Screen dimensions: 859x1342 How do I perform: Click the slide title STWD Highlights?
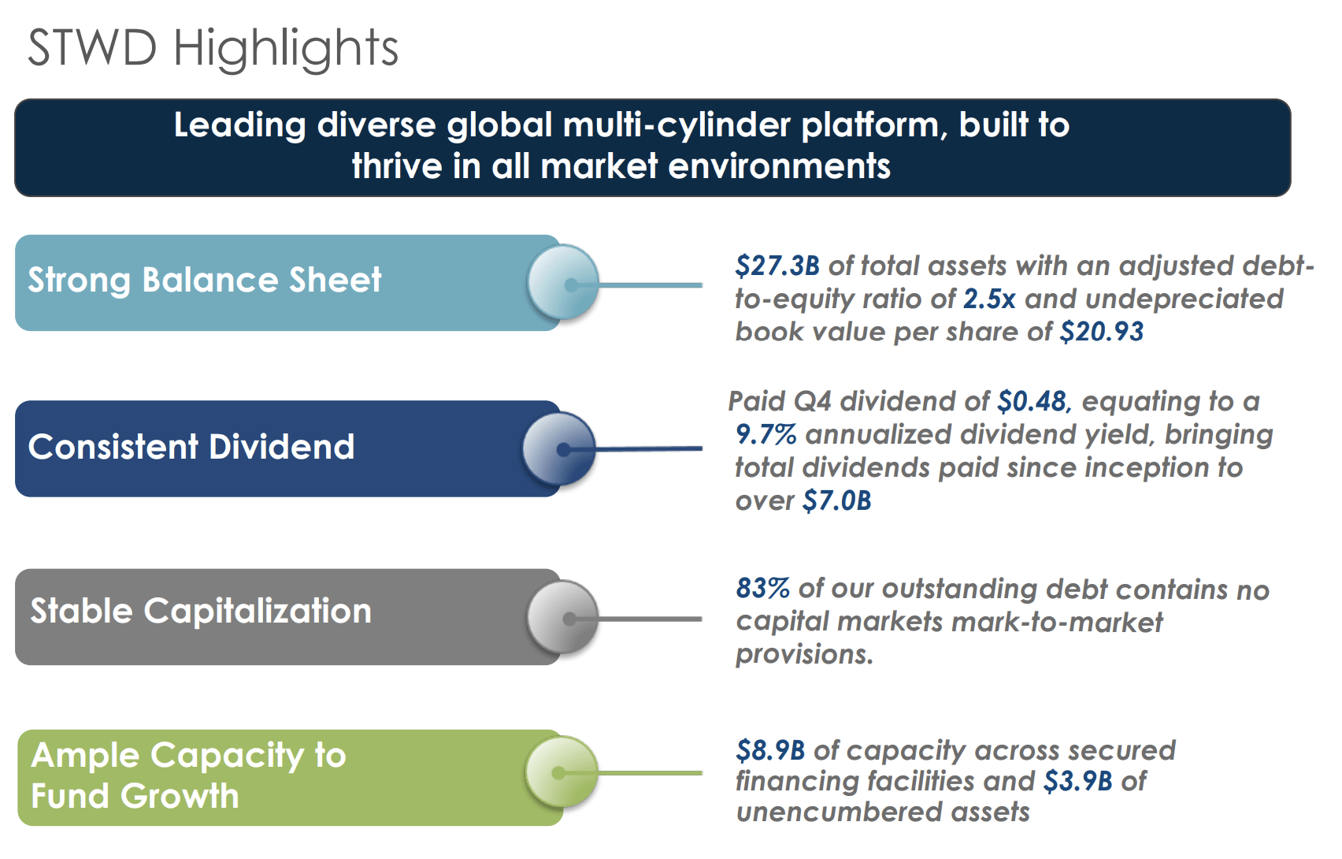(213, 48)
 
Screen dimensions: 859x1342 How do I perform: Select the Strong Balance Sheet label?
(205, 281)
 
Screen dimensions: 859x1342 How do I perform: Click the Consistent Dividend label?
(191, 447)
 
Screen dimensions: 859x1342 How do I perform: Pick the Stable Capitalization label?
(201, 612)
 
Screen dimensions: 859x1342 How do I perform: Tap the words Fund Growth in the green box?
(135, 796)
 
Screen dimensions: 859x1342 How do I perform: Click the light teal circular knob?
(563, 282)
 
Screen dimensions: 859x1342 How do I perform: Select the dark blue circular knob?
(559, 448)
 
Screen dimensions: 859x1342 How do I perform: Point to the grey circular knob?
(562, 616)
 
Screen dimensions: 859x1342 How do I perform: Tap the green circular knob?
(561, 772)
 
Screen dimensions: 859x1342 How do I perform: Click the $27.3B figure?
(777, 266)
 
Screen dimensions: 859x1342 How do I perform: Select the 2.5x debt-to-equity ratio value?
(989, 299)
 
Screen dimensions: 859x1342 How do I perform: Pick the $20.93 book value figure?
(1101, 332)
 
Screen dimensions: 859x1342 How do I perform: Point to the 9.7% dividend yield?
(766, 435)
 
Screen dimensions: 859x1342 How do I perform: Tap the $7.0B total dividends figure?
(836, 501)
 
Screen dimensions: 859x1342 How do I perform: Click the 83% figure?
(762, 589)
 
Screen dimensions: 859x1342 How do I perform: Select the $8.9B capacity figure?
(770, 751)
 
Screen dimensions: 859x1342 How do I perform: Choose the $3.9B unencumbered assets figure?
(1077, 782)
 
